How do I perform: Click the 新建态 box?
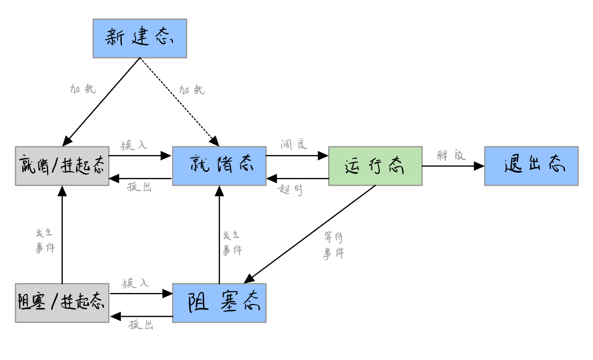[x=140, y=38]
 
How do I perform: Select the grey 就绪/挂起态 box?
[x=62, y=166]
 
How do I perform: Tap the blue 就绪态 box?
[x=219, y=166]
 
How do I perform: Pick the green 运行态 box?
[x=375, y=166]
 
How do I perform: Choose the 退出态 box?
[x=531, y=166]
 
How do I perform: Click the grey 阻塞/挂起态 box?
[x=62, y=302]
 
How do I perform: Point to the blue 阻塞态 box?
[x=219, y=302]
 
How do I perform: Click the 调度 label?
[x=294, y=144]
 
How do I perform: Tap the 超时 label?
[x=291, y=189]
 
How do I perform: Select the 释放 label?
[x=451, y=155]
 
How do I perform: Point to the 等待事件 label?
[x=334, y=245]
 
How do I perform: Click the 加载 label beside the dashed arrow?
[x=192, y=90]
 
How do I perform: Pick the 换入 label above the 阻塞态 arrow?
[x=136, y=283]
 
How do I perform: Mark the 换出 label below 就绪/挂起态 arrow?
[x=140, y=187]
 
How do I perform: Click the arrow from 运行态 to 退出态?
[x=453, y=166]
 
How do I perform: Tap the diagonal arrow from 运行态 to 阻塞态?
[x=310, y=234]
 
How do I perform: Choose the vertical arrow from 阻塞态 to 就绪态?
[x=219, y=235]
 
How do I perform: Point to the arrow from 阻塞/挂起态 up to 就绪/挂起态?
[x=62, y=235]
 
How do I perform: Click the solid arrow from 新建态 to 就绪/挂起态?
[x=101, y=101]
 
